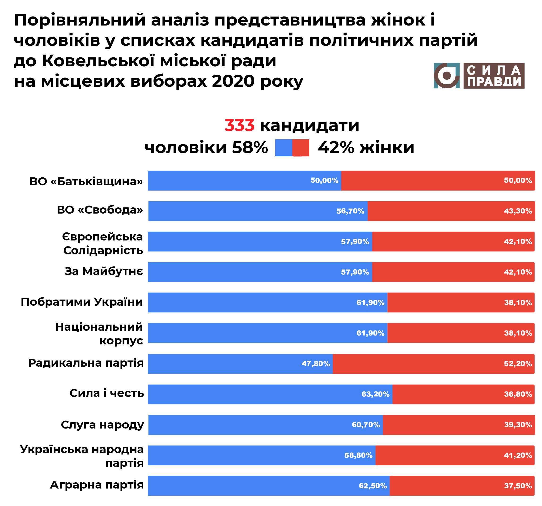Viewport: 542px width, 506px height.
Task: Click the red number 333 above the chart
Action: (239, 125)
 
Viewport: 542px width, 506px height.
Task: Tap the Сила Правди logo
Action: (479, 76)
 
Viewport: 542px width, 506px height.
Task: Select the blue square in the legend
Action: (284, 148)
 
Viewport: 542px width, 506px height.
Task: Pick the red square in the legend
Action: (301, 148)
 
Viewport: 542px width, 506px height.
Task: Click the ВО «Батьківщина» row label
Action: (86, 181)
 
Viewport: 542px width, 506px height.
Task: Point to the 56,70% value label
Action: (350, 211)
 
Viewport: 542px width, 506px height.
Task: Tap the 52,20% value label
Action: (518, 364)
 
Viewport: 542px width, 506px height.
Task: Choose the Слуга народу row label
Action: (102, 425)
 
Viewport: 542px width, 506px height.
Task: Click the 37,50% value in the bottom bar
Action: (518, 486)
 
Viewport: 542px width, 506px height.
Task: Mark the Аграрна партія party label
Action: (97, 485)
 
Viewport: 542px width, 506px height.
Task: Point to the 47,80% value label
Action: (315, 364)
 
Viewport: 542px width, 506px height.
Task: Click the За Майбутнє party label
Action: (104, 271)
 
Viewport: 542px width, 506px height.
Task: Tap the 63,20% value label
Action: (375, 394)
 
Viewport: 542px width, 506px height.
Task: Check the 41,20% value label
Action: (518, 455)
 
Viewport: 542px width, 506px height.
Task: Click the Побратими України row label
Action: (82, 302)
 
